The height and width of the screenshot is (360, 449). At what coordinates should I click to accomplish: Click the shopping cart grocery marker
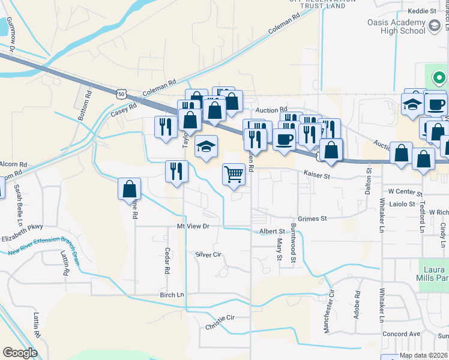[234, 175]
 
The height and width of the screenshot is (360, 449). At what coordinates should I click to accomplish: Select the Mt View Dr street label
[193, 226]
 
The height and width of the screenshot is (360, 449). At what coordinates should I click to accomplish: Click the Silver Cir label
[209, 254]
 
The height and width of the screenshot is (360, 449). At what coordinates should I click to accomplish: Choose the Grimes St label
[312, 219]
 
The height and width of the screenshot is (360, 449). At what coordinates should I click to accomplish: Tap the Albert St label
[272, 230]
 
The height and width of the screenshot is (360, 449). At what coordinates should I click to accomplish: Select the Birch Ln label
[172, 295]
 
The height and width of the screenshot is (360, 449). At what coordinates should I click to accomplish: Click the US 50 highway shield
[122, 94]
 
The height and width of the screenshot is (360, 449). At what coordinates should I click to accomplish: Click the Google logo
[20, 353]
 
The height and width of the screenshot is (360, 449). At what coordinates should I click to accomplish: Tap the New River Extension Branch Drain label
[43, 246]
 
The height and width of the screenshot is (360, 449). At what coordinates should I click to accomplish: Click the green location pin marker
[439, 78]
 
